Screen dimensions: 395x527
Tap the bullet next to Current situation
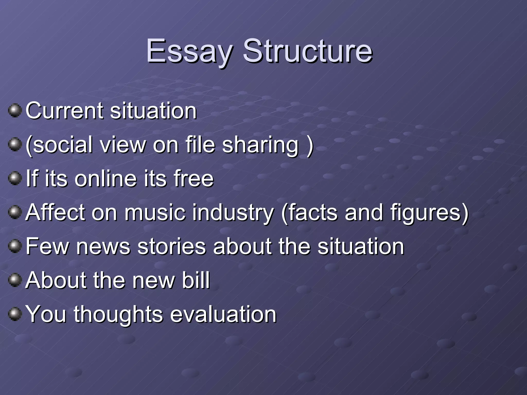pyautogui.click(x=15, y=110)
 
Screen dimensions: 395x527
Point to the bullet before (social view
pyautogui.click(x=15, y=144)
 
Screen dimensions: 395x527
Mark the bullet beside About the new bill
pyautogui.click(x=15, y=280)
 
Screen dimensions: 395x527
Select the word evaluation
pyautogui.click(x=223, y=314)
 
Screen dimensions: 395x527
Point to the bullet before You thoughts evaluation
pyautogui.click(x=15, y=314)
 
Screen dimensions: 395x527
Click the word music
pyautogui.click(x=155, y=212)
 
